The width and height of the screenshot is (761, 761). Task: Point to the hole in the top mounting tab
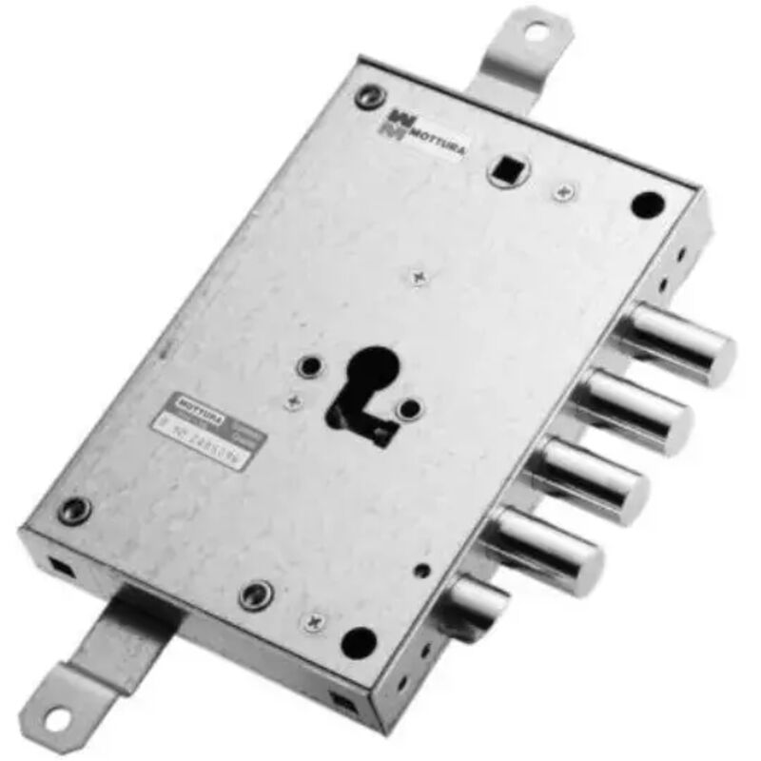pyautogui.click(x=537, y=32)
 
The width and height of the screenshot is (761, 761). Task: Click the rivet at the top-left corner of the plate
pyautogui.click(x=367, y=94)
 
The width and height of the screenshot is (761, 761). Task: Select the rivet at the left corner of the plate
pyautogui.click(x=72, y=508)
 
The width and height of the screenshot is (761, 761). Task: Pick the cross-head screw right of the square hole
pyautogui.click(x=564, y=193)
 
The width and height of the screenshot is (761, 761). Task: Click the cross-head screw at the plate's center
pyautogui.click(x=419, y=277)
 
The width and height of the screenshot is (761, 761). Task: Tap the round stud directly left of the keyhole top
pyautogui.click(x=309, y=365)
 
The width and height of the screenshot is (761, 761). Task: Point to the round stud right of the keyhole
pyautogui.click(x=410, y=410)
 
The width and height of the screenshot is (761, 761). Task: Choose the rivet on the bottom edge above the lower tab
pyautogui.click(x=255, y=595)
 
